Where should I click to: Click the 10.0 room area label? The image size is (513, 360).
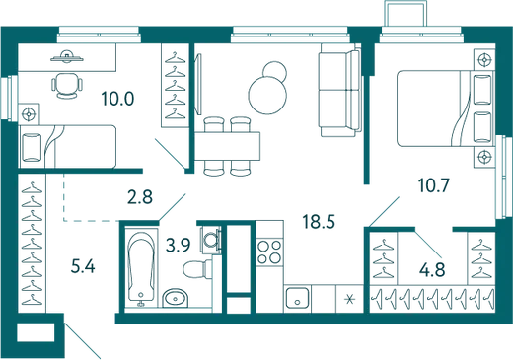pyautogui.click(x=117, y=99)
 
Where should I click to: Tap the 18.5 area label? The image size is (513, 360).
pyautogui.click(x=319, y=222)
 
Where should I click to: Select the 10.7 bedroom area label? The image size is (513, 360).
pyautogui.click(x=433, y=185)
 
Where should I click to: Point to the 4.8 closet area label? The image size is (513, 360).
pyautogui.click(x=432, y=270)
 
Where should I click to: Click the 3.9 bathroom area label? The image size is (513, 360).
pyautogui.click(x=178, y=245)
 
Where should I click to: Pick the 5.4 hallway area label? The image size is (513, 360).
pyautogui.click(x=83, y=266)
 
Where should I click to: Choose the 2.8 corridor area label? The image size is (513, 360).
pyautogui.click(x=140, y=197)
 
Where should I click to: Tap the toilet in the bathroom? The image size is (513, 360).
pyautogui.click(x=197, y=268)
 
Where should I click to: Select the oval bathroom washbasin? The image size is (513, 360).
pyautogui.click(x=176, y=298)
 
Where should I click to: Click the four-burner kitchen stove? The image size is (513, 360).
pyautogui.click(x=269, y=252)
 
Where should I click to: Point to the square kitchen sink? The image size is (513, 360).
pyautogui.click(x=297, y=298)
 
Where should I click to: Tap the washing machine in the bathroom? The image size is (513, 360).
pyautogui.click(x=210, y=238)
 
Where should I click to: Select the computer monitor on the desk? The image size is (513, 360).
pyautogui.click(x=67, y=57)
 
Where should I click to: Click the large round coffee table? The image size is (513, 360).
pyautogui.click(x=267, y=96)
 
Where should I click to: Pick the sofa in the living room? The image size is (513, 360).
pyautogui.click(x=339, y=90)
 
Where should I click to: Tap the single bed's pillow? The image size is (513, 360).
pyautogui.click(x=32, y=147)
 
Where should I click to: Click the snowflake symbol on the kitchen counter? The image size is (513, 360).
pyautogui.click(x=349, y=299)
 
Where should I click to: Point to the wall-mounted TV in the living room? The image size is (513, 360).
pyautogui.click(x=198, y=85)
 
